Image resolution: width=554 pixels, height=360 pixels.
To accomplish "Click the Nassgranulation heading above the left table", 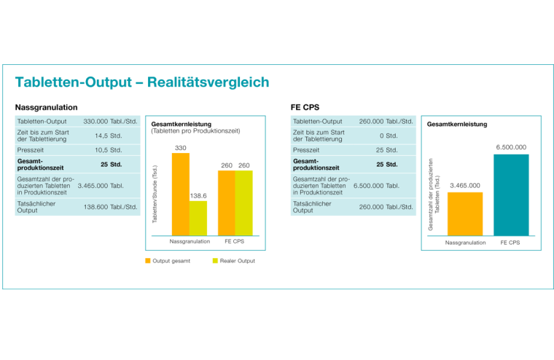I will click(45, 106).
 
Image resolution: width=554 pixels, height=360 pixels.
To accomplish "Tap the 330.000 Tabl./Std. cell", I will click(111, 121).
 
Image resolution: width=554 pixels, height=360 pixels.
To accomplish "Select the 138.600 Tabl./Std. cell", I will click(111, 207).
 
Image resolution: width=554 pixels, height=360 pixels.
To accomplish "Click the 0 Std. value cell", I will click(388, 136).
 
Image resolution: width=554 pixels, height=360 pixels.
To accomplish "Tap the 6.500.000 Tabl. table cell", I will click(376, 186).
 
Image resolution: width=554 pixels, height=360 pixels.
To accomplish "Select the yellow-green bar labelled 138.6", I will click(198, 216).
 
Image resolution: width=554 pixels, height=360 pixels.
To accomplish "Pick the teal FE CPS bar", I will click(511, 195).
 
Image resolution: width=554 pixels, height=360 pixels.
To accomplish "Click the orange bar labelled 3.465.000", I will click(465, 214).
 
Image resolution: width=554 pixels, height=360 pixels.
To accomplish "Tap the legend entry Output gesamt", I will click(168, 260).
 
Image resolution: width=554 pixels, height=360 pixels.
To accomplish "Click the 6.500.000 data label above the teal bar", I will click(511, 147).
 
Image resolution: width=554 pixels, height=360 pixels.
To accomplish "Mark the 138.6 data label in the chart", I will click(198, 195).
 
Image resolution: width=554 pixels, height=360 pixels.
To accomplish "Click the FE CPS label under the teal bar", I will click(511, 242).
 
